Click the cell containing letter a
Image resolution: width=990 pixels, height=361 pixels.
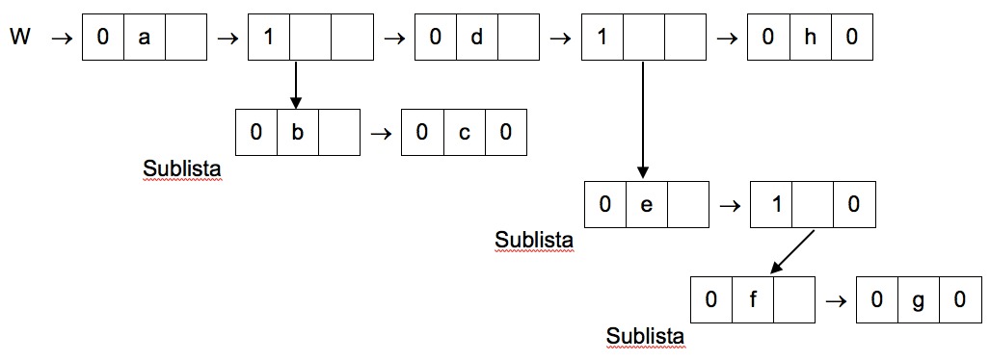tap(144, 39)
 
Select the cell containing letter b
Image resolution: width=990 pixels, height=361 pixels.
tap(297, 132)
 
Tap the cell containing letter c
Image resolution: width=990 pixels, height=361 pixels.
tap(464, 132)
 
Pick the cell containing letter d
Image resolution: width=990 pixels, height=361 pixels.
tap(476, 39)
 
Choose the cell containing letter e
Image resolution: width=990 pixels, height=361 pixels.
tap(646, 205)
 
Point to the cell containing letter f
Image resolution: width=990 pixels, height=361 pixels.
tap(753, 299)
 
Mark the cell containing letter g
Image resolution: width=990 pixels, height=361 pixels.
tap(919, 299)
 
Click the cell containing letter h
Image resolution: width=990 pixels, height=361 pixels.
tap(810, 39)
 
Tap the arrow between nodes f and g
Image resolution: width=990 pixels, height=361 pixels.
tap(835, 299)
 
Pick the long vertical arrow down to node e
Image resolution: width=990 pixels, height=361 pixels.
tap(642, 120)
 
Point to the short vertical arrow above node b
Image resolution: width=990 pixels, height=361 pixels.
tap(296, 86)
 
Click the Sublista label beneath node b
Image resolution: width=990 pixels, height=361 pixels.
tap(182, 168)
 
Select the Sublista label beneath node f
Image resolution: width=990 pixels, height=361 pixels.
tap(645, 336)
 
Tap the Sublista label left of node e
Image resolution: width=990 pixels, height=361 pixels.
tap(533, 238)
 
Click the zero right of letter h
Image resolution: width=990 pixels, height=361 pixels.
tap(852, 39)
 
